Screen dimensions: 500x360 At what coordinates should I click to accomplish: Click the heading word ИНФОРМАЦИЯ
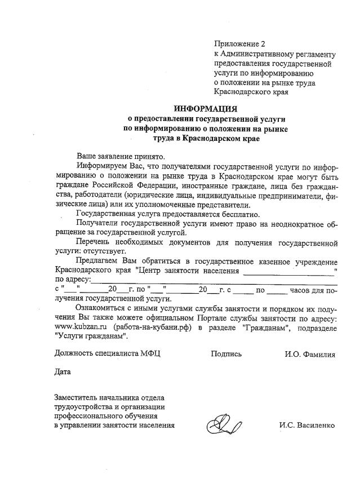point(205,108)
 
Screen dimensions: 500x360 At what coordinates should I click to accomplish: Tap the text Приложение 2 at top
point(239,43)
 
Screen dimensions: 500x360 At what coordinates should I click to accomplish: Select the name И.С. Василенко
point(307,425)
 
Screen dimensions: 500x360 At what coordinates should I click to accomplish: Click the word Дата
point(63,372)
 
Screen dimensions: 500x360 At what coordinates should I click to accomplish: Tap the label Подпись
point(226,354)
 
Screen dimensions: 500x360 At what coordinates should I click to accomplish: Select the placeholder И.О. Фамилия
point(310,354)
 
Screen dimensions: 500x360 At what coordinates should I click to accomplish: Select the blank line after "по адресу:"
point(214,280)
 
